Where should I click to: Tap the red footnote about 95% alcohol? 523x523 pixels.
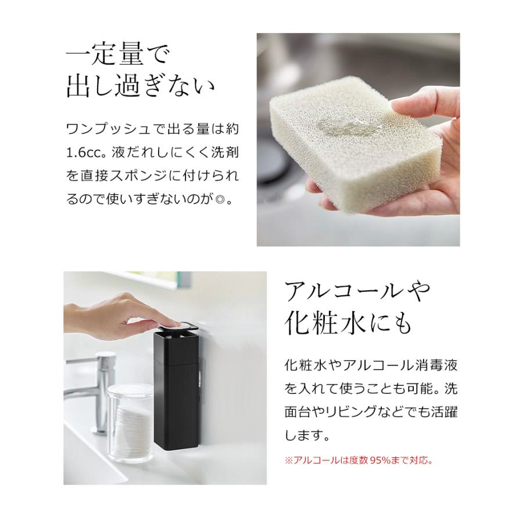click(x=358, y=460)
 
